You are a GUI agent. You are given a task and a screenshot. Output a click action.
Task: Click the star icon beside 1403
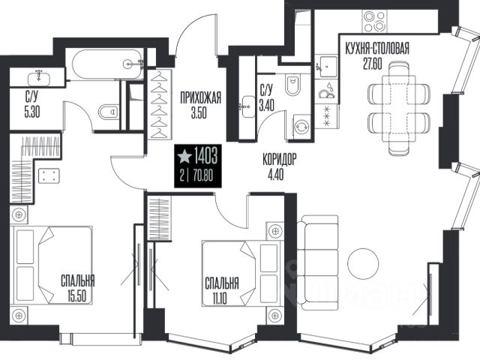[x=185, y=155]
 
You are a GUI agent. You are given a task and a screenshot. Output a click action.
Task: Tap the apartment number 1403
[x=205, y=156]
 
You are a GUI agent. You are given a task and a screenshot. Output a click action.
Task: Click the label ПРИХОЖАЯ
[x=200, y=98]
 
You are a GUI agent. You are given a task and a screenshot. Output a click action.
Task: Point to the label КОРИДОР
[x=280, y=160]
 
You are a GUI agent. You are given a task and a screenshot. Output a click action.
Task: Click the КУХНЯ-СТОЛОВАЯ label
[x=377, y=49]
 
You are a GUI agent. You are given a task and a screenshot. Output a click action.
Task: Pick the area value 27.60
[x=373, y=64]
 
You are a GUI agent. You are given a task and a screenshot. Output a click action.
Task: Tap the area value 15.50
[x=77, y=296]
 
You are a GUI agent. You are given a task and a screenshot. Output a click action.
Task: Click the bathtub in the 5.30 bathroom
[x=108, y=64]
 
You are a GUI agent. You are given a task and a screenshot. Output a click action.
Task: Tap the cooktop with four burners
[x=373, y=21]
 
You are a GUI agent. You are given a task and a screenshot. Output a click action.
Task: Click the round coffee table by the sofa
[x=363, y=263]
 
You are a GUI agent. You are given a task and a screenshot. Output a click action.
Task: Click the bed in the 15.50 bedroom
[x=51, y=265]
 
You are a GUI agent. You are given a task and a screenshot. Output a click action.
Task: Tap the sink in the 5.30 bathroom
[x=39, y=78]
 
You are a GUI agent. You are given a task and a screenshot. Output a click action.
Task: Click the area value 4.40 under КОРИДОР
[x=275, y=175]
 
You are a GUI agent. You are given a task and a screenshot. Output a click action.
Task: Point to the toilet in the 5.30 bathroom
[x=109, y=112]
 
